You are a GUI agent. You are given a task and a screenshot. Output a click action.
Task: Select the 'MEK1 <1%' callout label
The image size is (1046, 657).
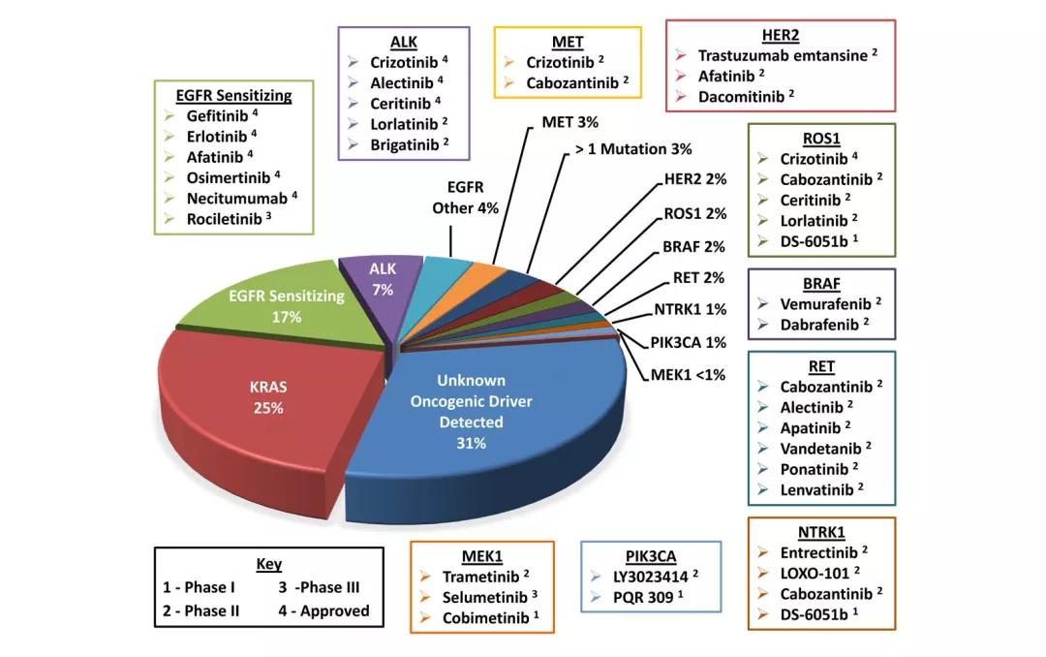688,374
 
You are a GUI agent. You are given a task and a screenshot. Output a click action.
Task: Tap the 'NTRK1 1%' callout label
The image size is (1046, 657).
691,311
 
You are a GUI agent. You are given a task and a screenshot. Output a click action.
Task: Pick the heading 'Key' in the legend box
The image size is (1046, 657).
268,564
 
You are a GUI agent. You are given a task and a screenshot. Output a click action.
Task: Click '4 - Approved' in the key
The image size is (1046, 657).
324,610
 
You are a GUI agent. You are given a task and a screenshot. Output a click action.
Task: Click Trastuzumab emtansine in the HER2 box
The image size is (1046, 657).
782,55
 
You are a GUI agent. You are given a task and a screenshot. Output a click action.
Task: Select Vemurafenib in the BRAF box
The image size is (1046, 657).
821,302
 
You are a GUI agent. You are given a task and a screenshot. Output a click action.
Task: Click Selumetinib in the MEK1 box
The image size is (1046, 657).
482,597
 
